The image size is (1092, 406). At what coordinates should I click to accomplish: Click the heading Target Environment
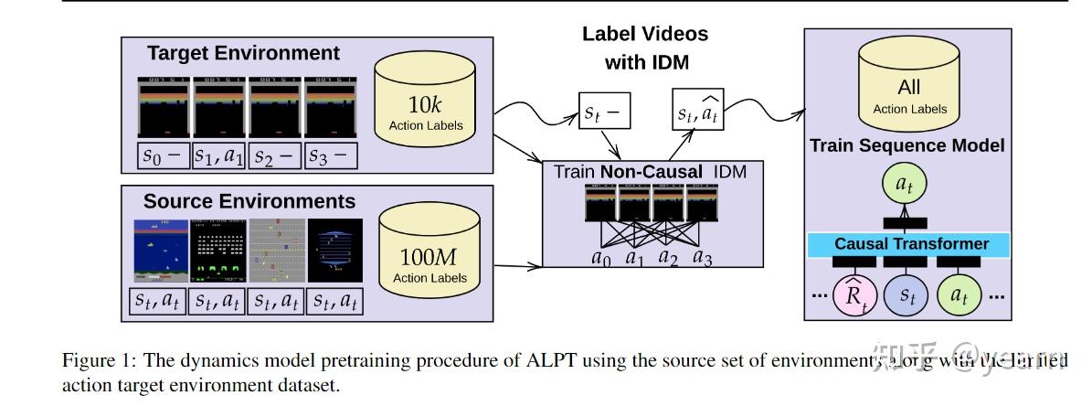[x=243, y=53]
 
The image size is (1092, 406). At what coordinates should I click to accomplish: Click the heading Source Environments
[x=249, y=200]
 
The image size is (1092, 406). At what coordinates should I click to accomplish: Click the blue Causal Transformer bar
[x=911, y=244]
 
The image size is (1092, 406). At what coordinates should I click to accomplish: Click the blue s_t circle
[x=907, y=296]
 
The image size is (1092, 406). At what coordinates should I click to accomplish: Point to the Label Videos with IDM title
[x=645, y=48]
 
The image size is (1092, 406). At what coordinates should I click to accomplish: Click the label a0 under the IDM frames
[x=601, y=258]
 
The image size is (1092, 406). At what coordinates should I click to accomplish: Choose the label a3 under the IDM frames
[x=702, y=258]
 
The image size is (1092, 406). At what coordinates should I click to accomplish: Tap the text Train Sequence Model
[x=906, y=145]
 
